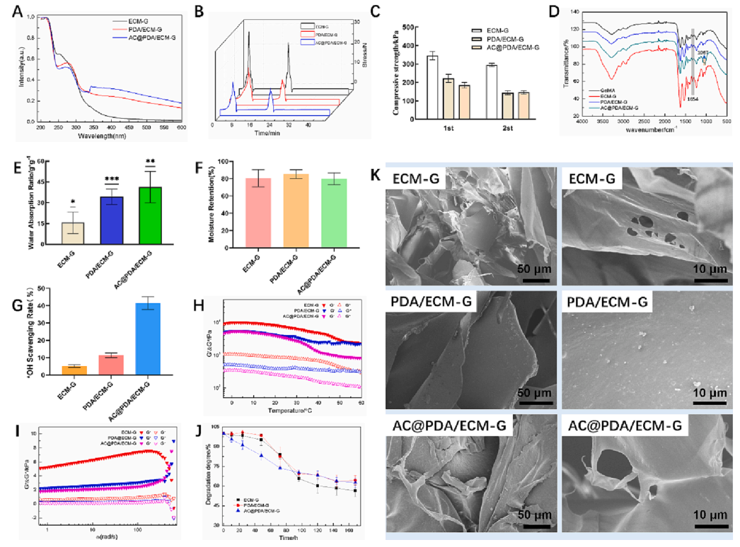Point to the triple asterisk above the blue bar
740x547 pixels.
(106, 181)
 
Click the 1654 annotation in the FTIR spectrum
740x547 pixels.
(692, 100)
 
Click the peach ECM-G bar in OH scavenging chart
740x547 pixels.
(64, 370)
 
